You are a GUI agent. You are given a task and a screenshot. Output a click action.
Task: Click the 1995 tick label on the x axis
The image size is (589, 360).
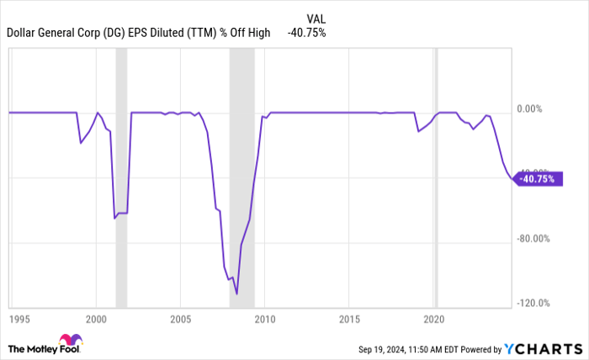[x=19, y=320]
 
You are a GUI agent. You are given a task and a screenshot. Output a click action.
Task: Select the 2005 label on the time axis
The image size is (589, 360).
[x=181, y=320]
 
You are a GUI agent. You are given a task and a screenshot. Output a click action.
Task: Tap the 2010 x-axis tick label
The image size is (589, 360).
[x=265, y=320]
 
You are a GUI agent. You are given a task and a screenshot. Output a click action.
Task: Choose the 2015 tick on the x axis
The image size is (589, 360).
[x=350, y=320]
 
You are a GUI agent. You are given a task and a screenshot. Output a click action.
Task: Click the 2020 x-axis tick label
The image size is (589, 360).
[x=434, y=320]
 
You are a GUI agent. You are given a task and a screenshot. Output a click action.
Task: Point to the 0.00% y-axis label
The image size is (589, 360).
[x=533, y=109]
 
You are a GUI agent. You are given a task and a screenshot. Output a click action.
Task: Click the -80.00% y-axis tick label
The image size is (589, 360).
[x=534, y=238]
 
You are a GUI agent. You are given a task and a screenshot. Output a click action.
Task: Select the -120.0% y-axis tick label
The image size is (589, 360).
[x=534, y=304]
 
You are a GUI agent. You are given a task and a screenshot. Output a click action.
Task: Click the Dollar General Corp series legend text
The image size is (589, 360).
[x=139, y=33]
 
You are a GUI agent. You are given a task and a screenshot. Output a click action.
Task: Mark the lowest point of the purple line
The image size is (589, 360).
[x=237, y=294]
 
